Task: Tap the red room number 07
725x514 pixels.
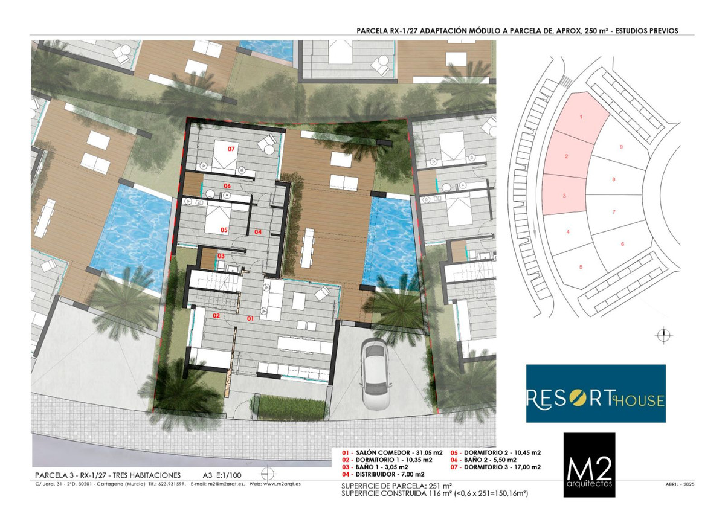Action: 231,149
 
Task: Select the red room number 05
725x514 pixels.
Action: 224,230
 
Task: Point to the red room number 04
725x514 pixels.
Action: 258,232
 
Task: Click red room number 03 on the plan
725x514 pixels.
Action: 221,256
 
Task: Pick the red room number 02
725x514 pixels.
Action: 216,316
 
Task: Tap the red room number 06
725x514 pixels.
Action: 227,186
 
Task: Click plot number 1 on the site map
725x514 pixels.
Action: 581,117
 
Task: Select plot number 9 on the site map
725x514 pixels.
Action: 621,147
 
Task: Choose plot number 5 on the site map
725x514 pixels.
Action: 581,267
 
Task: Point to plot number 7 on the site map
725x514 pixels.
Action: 614,212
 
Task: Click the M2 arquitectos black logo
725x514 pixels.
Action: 590,465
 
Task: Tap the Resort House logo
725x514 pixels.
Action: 596,393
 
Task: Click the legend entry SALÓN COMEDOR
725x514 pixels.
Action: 392,453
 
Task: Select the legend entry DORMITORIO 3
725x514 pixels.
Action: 495,467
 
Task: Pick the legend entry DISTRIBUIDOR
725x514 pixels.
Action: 383,474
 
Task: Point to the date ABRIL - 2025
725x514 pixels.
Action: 680,484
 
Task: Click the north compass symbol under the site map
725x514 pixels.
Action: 663,335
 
